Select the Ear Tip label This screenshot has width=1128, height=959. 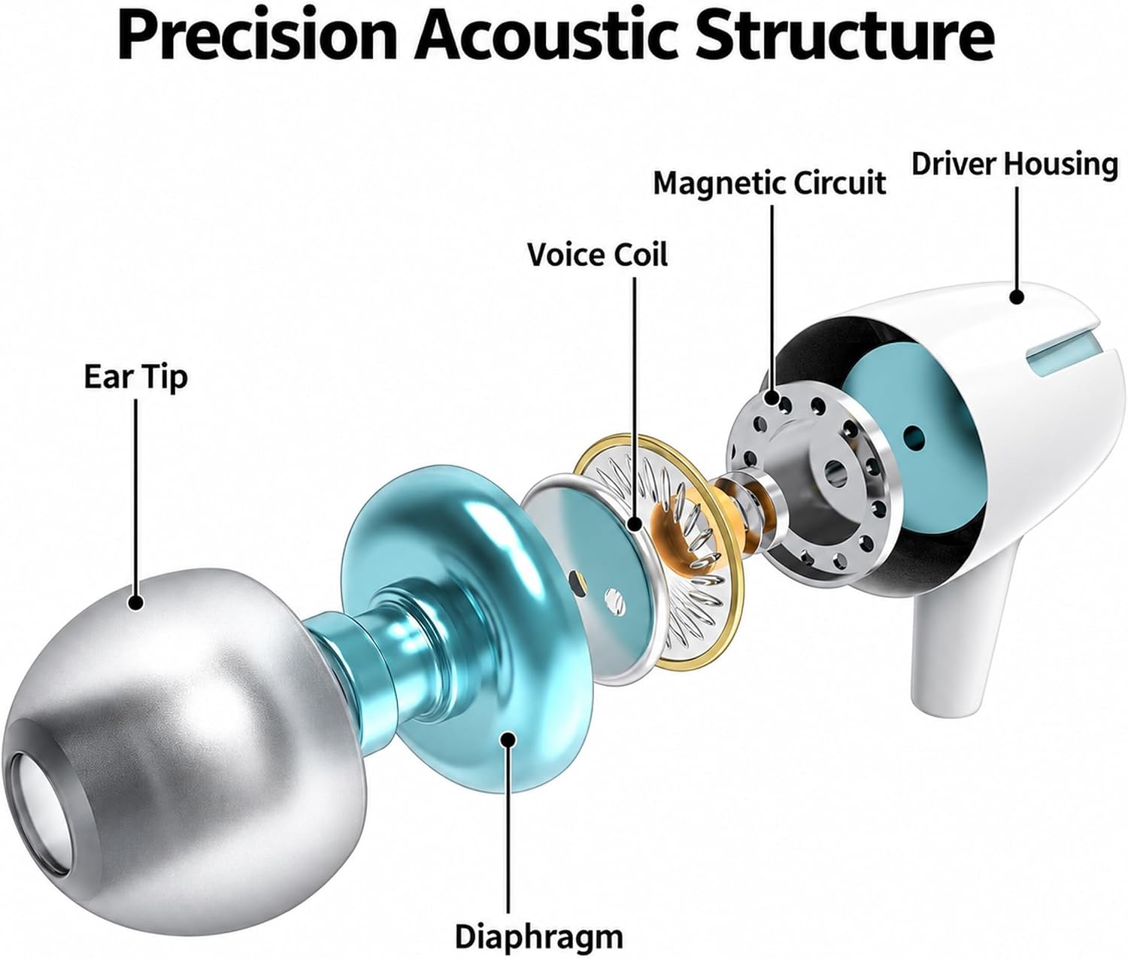point(136,377)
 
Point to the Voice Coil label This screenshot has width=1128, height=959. point(597,255)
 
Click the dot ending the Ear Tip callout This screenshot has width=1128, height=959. point(136,602)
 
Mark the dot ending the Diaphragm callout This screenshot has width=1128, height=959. point(508,739)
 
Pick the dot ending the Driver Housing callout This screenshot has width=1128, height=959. point(1016,296)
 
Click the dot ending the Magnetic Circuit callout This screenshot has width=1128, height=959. point(772,397)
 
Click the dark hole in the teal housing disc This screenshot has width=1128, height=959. point(915,436)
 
